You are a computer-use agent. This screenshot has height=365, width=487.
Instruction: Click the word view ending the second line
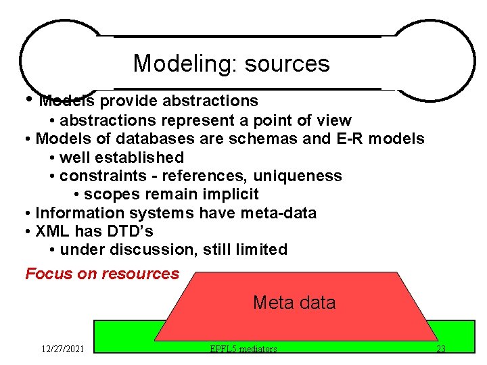click(x=334, y=121)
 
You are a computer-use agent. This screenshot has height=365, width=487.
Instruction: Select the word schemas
click(x=270, y=139)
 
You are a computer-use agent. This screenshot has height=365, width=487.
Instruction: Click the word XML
click(x=55, y=231)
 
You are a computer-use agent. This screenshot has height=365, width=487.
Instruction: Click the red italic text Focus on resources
click(x=102, y=274)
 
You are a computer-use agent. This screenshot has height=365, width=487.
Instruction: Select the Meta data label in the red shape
click(x=294, y=302)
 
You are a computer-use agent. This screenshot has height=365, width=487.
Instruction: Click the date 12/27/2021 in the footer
click(x=62, y=349)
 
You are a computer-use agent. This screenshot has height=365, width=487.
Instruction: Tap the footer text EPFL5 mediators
click(x=243, y=349)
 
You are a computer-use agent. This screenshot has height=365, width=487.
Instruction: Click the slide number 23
click(x=440, y=349)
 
